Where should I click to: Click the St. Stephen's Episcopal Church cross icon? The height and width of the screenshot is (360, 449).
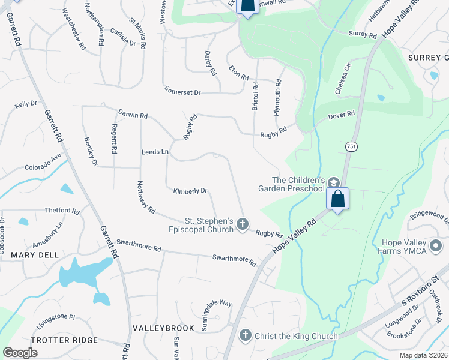[243, 224]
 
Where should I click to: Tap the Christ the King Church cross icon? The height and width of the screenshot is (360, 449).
[245, 335]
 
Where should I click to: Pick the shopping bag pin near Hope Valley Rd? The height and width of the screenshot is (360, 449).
[338, 199]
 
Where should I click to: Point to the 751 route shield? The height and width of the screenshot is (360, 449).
[351, 146]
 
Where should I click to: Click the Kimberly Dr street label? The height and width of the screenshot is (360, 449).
[190, 191]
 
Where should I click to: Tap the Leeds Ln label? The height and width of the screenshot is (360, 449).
[155, 152]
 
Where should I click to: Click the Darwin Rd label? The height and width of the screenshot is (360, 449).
[133, 115]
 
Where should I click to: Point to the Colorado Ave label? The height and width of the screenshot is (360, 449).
[43, 162]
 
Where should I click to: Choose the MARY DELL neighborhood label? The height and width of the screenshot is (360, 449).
[35, 254]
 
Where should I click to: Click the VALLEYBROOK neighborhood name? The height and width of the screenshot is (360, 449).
[163, 328]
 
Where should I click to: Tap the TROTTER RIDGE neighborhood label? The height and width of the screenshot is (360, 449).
[64, 340]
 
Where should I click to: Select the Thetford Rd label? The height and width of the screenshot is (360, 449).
[62, 211]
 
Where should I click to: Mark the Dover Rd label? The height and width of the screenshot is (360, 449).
[342, 115]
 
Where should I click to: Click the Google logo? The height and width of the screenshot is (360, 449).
[20, 353]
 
